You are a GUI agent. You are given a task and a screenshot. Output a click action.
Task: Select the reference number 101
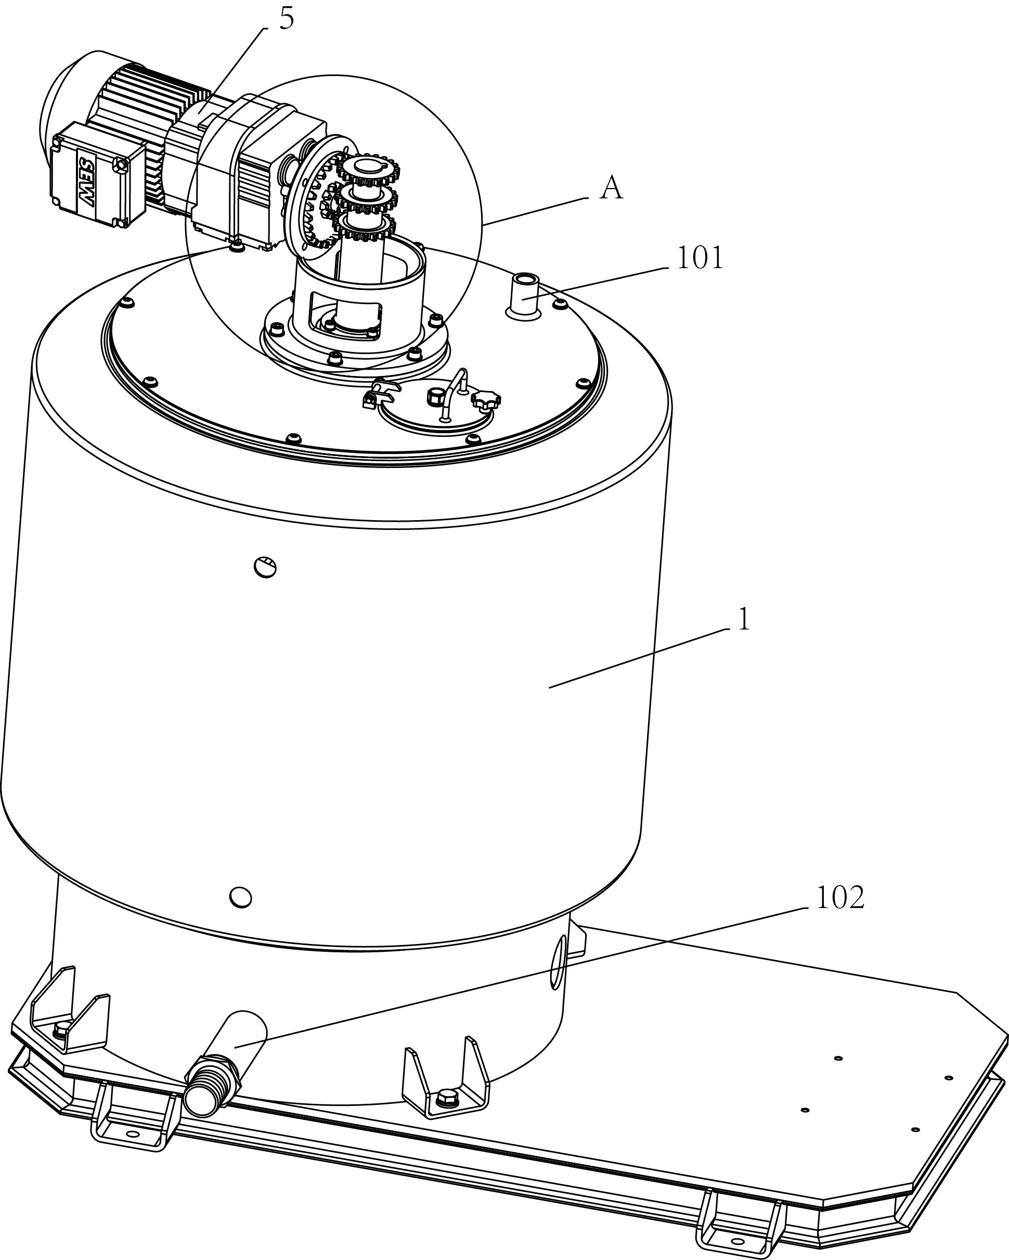(700, 258)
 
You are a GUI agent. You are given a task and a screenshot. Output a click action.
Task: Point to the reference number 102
(839, 898)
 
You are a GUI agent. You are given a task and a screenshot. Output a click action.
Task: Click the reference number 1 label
(743, 620)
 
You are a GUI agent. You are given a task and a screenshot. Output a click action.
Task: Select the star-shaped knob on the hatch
(486, 401)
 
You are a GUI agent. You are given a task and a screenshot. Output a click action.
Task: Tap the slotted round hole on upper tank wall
(266, 567)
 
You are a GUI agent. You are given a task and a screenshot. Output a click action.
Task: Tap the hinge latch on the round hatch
(379, 393)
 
